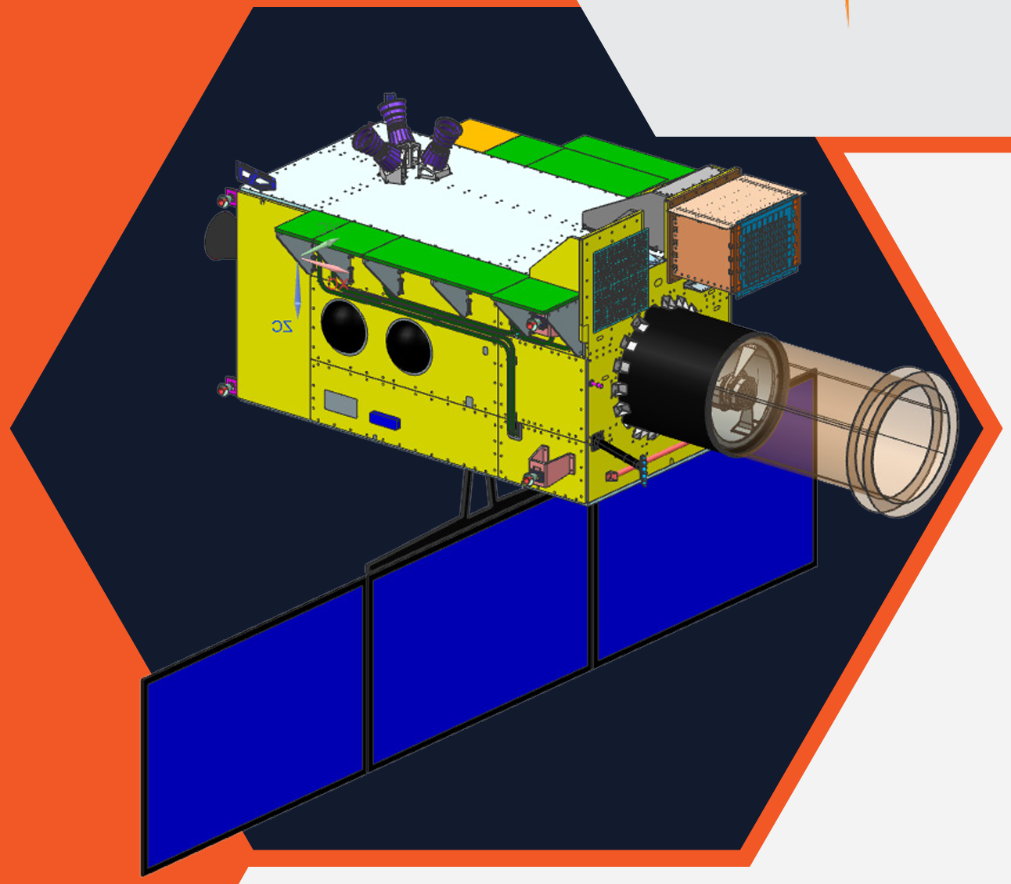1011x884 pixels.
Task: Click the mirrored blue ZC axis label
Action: pyautogui.click(x=282, y=326)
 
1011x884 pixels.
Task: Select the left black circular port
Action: pyautogui.click(x=344, y=327)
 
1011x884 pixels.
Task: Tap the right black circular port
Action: pyautogui.click(x=408, y=347)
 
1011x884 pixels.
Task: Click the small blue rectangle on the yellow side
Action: pyautogui.click(x=385, y=420)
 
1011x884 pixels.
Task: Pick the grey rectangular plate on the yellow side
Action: pyautogui.click(x=340, y=403)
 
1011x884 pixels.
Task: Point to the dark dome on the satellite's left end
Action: pyautogui.click(x=221, y=235)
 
